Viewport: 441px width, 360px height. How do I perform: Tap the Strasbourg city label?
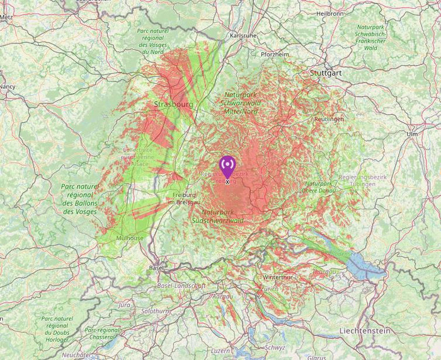click(173, 104)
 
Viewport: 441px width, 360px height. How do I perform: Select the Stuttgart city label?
click(326, 73)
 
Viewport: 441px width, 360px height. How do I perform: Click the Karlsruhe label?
click(243, 36)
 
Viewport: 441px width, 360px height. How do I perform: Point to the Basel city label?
click(157, 268)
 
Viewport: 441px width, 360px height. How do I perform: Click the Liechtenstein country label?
click(364, 331)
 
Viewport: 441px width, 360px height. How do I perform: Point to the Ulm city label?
click(412, 134)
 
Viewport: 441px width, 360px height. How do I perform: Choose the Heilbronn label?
click(330, 13)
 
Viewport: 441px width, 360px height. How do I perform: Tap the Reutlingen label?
click(329, 119)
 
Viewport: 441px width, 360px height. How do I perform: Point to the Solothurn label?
click(156, 311)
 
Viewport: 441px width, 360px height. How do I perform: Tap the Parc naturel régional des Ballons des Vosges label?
click(80, 199)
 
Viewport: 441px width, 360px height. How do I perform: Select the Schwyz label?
click(275, 347)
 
